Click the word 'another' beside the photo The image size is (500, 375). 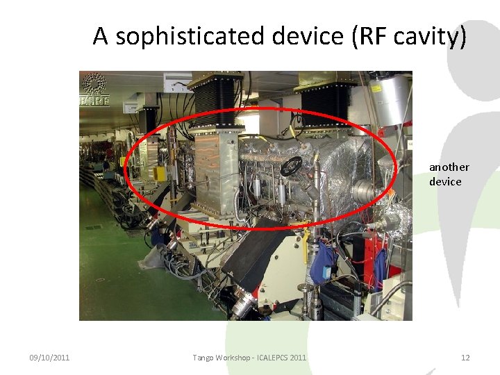pyautogui.click(x=449, y=167)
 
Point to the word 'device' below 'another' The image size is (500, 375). pyautogui.click(x=445, y=181)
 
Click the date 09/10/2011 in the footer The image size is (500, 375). pyautogui.click(x=49, y=358)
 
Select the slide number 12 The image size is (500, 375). pyautogui.click(x=465, y=358)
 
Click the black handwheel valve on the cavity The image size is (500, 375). pyautogui.click(x=292, y=166)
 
